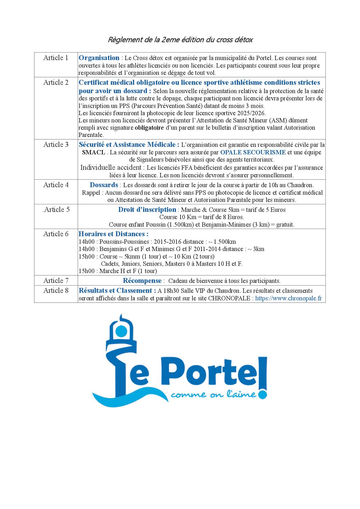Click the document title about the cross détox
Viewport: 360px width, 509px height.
[x=180, y=40]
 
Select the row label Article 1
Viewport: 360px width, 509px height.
[x=56, y=58]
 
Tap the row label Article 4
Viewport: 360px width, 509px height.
[x=56, y=185]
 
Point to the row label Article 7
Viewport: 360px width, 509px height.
[x=56, y=281]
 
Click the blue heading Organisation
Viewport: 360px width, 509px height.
[x=99, y=58]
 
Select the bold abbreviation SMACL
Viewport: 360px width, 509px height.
[x=94, y=152]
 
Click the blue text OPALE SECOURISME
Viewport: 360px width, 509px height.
[x=253, y=152]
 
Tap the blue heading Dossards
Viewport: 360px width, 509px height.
[x=104, y=185]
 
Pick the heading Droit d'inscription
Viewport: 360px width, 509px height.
[x=147, y=210]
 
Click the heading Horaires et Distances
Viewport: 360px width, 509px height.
[x=114, y=234]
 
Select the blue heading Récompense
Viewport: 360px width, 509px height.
[x=142, y=281]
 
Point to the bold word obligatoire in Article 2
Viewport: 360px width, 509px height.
[x=149, y=128]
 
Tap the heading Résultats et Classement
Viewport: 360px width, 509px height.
[x=116, y=291]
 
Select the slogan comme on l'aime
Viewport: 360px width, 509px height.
[x=213, y=395]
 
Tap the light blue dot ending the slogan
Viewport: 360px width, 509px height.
[x=262, y=395]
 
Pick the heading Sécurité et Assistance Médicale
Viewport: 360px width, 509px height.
[x=129, y=145]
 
